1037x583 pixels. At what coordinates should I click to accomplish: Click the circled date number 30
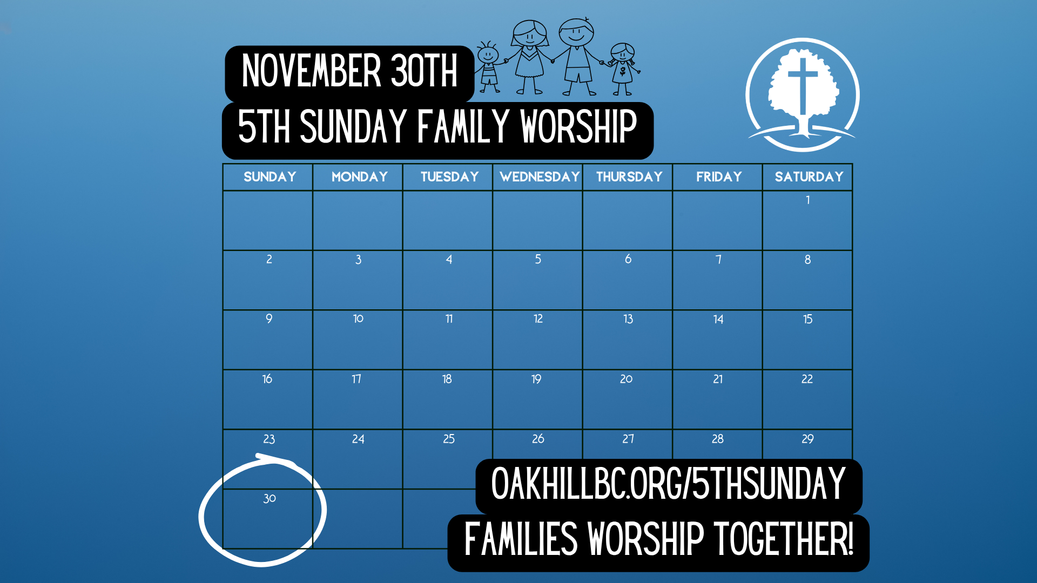click(x=270, y=498)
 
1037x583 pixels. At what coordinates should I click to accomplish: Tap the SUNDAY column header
click(x=270, y=177)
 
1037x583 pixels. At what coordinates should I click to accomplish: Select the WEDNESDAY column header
click(x=540, y=177)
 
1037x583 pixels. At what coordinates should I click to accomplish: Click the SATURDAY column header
click(x=809, y=177)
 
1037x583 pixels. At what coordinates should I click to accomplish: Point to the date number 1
click(x=808, y=200)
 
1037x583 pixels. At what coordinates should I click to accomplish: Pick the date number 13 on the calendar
click(x=628, y=319)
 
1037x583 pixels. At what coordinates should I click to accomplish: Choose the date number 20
click(x=627, y=379)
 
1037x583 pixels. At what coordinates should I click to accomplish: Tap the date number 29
click(x=807, y=439)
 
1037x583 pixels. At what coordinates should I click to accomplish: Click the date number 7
click(x=718, y=259)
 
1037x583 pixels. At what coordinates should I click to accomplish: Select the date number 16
click(x=267, y=379)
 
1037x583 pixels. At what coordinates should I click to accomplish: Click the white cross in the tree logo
click(x=803, y=86)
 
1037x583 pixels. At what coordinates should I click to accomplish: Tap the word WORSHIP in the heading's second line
click(x=578, y=126)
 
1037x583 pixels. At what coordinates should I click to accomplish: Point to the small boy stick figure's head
click(x=488, y=53)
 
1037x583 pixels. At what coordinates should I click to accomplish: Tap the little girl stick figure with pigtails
click(x=623, y=69)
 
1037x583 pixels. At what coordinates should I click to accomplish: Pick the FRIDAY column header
click(x=719, y=177)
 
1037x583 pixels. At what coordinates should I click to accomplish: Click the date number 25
click(x=449, y=439)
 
